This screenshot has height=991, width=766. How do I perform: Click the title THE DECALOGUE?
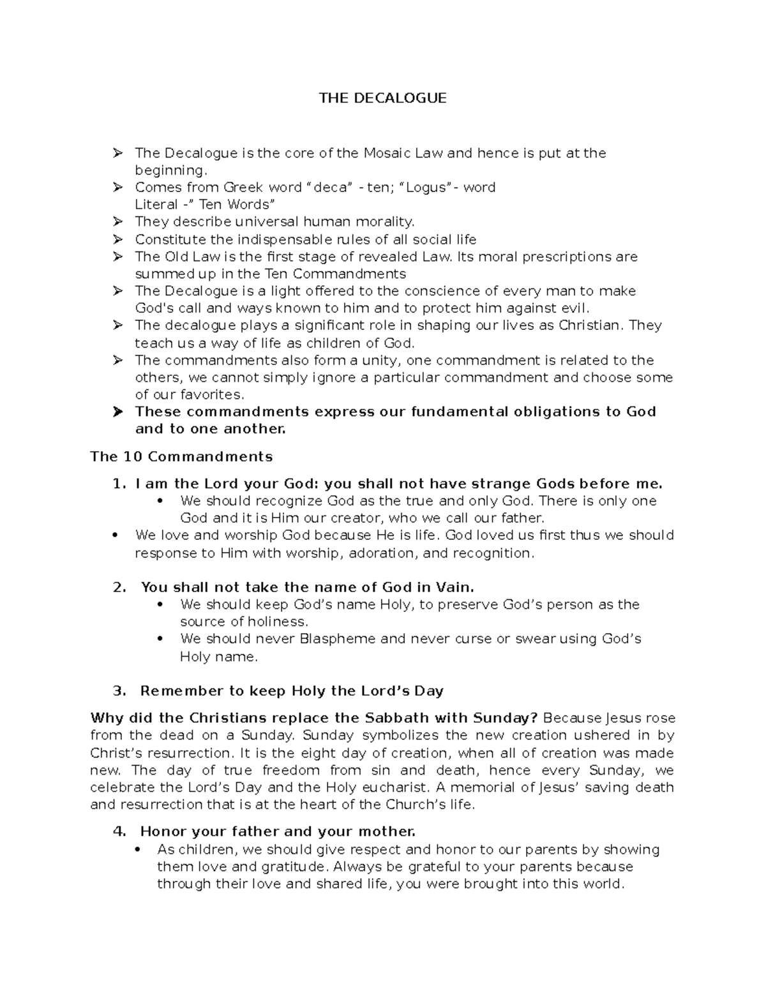pos(382,98)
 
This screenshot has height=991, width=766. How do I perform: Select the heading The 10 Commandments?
pos(181,457)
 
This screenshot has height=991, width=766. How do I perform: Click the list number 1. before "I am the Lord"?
pos(119,484)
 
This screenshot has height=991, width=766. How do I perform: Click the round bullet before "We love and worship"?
pos(115,535)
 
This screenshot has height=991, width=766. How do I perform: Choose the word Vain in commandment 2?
pos(454,587)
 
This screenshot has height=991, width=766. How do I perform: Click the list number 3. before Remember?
pos(119,691)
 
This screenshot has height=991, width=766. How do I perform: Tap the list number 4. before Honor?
pos(119,831)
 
